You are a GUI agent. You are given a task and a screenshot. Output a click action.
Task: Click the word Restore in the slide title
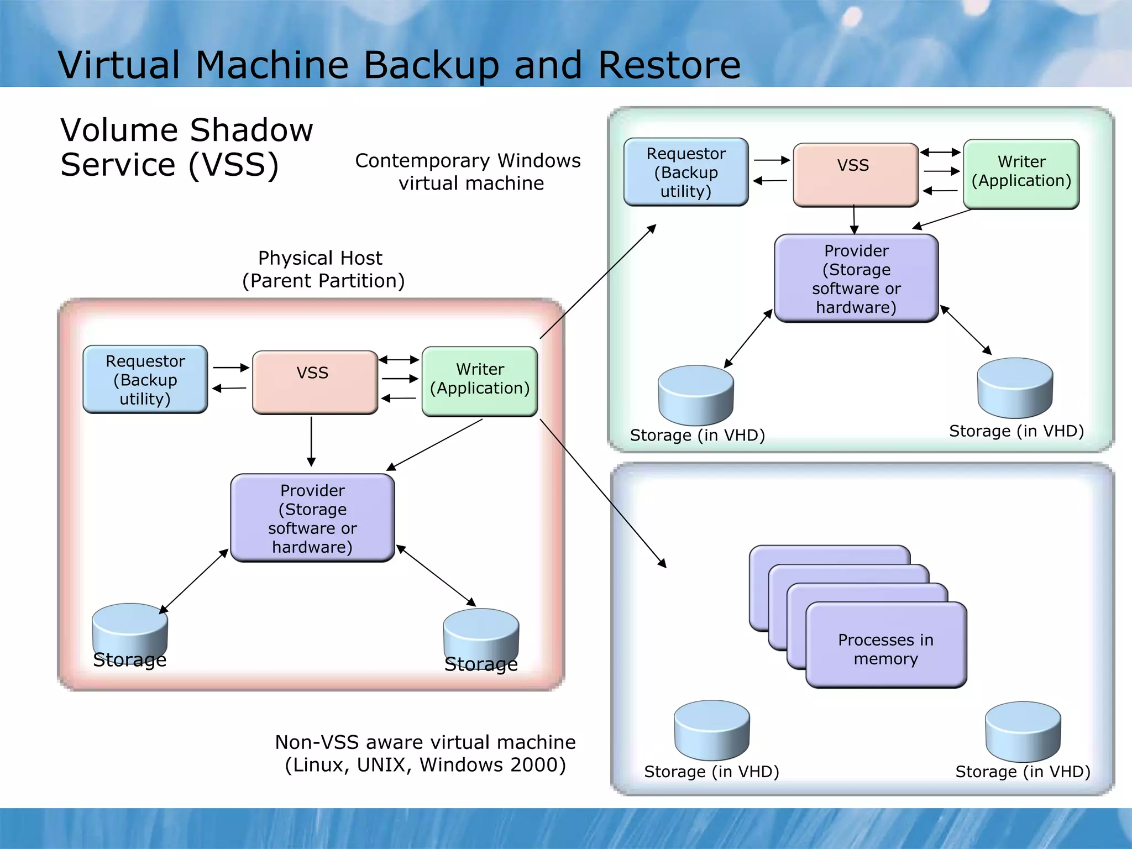point(669,65)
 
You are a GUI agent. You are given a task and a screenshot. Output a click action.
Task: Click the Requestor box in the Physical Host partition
point(145,380)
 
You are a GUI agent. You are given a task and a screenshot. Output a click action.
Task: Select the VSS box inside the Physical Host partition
point(315,382)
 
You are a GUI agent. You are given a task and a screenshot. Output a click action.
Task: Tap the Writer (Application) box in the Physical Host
point(480,381)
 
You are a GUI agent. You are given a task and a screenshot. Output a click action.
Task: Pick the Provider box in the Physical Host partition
point(312,518)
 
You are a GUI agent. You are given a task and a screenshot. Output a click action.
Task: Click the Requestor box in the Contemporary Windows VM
point(686,172)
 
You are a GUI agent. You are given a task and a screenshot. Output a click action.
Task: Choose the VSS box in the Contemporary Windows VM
point(855,175)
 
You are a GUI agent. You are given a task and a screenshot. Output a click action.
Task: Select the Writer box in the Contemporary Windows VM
point(1021,174)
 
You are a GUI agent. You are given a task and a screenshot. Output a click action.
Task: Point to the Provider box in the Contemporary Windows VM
point(856,278)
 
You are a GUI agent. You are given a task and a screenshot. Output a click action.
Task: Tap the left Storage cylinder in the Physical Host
point(130,630)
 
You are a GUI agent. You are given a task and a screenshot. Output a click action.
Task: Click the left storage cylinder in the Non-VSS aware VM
point(711,730)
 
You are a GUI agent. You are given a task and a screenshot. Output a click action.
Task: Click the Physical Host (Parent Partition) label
point(323,269)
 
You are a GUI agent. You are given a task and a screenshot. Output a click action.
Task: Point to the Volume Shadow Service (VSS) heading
point(186,147)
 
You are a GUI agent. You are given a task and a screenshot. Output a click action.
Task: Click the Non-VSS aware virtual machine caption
point(425,753)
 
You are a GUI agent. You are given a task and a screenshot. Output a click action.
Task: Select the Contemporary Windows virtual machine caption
point(468,171)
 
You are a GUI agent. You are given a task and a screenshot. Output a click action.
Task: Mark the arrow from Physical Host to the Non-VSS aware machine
point(602,492)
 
